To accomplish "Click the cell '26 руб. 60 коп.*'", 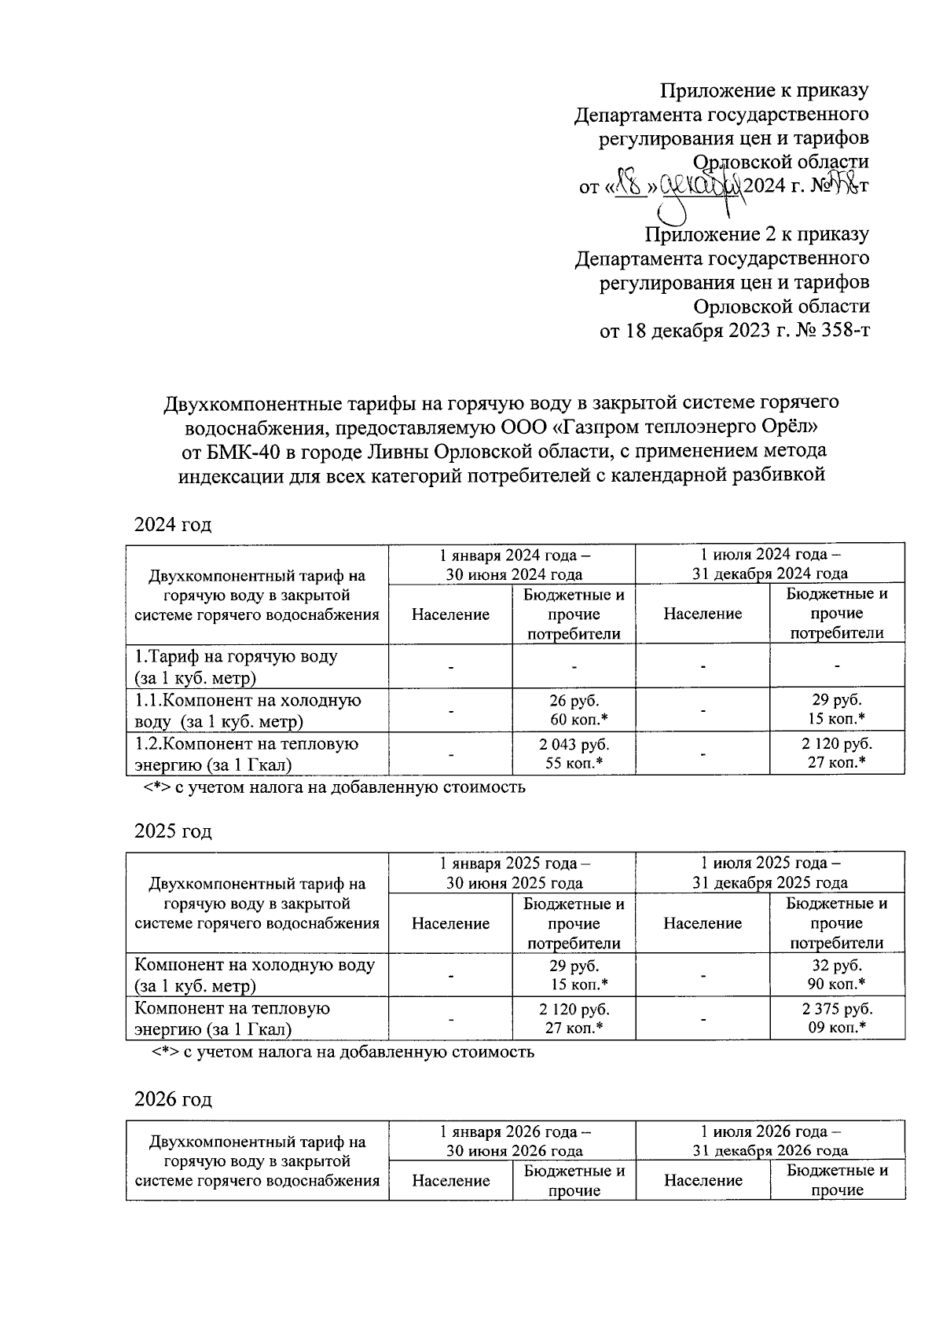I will pyautogui.click(x=574, y=709).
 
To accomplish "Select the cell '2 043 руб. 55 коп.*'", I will pyautogui.click(x=574, y=753).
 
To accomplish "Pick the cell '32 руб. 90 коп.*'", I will pyautogui.click(x=837, y=974).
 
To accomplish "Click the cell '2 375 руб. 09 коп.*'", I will pyautogui.click(x=837, y=1018).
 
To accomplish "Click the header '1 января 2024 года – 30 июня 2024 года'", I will pyautogui.click(x=514, y=563).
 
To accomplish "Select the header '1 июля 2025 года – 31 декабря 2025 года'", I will pyautogui.click(x=769, y=872).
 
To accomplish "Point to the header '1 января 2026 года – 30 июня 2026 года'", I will pyautogui.click(x=514, y=1141).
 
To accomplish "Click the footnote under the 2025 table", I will pyautogui.click(x=343, y=1051).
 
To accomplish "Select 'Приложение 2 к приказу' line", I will pyautogui.click(x=757, y=233).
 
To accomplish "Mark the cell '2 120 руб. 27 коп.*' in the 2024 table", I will pyautogui.click(x=837, y=753).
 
